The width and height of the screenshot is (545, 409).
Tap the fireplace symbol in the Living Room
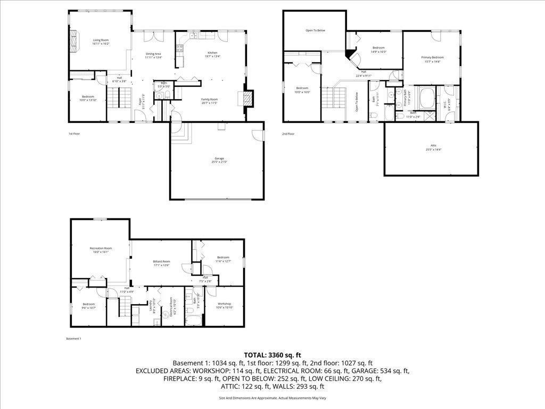click(x=74, y=40)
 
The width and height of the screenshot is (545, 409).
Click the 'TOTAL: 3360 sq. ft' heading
click(x=272, y=355)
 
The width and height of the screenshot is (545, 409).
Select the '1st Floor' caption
click(x=75, y=134)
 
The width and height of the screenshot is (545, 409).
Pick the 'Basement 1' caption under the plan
click(x=73, y=339)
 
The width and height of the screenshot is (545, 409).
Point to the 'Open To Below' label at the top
click(x=315, y=30)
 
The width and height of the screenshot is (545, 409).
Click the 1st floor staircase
click(x=120, y=98)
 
